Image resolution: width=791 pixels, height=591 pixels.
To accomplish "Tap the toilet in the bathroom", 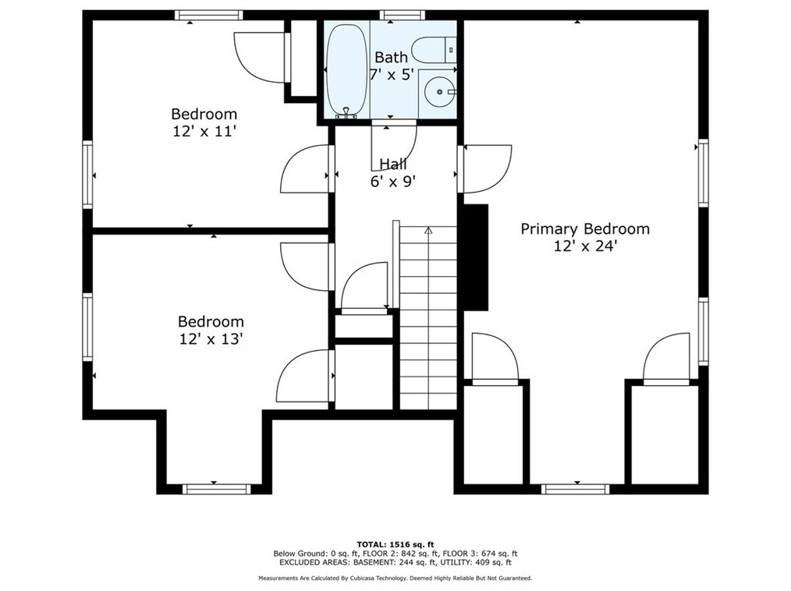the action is pyautogui.click(x=434, y=50).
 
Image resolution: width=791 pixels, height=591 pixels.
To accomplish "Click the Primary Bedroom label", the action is pyautogui.click(x=585, y=229).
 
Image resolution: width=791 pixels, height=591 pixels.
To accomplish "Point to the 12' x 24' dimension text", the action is pyautogui.click(x=585, y=246).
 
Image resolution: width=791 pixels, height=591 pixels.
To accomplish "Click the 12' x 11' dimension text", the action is pyautogui.click(x=204, y=132).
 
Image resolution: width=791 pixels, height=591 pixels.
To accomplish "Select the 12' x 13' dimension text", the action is pyautogui.click(x=211, y=339).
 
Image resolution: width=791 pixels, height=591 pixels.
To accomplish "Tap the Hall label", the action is pyautogui.click(x=393, y=164).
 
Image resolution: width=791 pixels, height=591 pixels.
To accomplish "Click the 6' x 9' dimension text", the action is pyautogui.click(x=393, y=182).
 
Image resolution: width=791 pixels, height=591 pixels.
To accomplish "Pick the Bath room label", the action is pyautogui.click(x=391, y=58).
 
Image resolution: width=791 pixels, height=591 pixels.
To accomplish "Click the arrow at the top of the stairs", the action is pyautogui.click(x=428, y=231).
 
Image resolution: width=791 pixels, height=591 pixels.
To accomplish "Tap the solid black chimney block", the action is pyautogui.click(x=476, y=257).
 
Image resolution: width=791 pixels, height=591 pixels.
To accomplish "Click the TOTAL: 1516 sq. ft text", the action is pyautogui.click(x=395, y=544).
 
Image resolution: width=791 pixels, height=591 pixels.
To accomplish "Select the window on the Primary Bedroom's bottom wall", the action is pyautogui.click(x=575, y=489).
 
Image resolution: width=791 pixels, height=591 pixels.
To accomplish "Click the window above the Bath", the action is pyautogui.click(x=402, y=15).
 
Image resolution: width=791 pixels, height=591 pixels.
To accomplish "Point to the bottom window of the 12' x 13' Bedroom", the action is pyautogui.click(x=216, y=489).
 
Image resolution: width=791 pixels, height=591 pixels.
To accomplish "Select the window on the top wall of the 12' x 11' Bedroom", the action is pyautogui.click(x=209, y=15).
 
